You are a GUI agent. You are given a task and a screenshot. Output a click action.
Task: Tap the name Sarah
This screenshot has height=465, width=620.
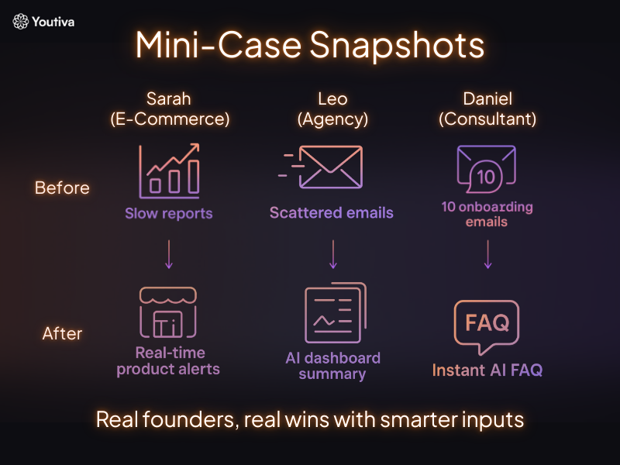pyautogui.click(x=169, y=99)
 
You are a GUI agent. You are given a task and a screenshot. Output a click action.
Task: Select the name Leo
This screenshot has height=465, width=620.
pyautogui.click(x=332, y=99)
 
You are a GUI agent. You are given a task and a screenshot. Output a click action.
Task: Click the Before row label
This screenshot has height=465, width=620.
pyautogui.click(x=62, y=188)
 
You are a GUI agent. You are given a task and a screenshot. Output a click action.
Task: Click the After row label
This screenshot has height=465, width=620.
pyautogui.click(x=62, y=334)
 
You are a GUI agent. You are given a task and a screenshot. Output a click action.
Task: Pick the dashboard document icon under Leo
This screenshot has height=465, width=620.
pyautogui.click(x=334, y=314)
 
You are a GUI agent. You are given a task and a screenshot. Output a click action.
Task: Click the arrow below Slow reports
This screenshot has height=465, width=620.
pyautogui.click(x=169, y=253)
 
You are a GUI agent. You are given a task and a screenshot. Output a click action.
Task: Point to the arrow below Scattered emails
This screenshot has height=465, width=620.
pyautogui.click(x=332, y=253)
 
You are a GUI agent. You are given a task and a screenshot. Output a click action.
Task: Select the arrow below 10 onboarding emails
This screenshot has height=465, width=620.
pyautogui.click(x=487, y=253)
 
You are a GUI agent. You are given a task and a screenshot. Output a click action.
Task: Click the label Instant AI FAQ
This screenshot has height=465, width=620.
pyautogui.click(x=487, y=370)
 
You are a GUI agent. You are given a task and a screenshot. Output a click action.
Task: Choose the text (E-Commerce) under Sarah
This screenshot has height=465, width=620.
pyautogui.click(x=169, y=119)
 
